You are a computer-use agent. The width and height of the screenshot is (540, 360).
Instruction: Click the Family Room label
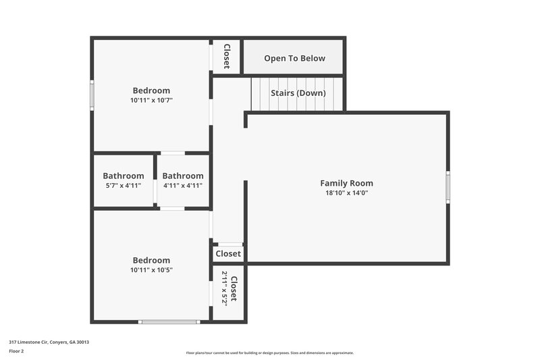point(346,183)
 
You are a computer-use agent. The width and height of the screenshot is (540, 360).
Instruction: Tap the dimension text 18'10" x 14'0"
point(346,192)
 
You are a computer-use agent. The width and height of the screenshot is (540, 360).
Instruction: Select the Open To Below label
point(294,58)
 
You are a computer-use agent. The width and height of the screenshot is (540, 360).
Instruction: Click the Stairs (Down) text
point(298,93)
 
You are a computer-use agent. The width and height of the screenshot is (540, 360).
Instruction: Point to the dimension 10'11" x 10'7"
point(151,101)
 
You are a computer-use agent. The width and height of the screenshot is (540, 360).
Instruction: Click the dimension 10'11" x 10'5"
point(151,270)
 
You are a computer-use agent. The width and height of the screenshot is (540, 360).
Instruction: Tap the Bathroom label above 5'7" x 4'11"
point(124,176)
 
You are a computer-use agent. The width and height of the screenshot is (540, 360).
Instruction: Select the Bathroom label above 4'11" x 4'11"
point(183,176)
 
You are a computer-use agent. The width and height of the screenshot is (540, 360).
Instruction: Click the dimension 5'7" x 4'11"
point(124,185)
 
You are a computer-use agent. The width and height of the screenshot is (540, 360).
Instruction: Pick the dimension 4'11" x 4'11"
point(183,185)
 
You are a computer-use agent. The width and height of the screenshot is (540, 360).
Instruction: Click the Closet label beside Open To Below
point(227,57)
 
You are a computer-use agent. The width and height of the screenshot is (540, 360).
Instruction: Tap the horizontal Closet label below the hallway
point(228,254)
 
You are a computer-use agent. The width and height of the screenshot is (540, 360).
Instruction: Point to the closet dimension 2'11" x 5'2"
point(225,294)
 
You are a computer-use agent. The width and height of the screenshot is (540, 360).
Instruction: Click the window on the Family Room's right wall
point(448,186)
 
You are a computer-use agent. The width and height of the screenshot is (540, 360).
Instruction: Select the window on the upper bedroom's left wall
point(92,95)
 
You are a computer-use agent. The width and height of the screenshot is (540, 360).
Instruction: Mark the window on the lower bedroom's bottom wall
point(169,322)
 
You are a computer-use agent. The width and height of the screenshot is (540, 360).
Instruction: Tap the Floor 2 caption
point(17,351)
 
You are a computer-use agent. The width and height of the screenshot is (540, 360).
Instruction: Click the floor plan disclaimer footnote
point(270,353)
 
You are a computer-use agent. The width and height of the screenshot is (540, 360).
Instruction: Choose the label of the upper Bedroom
point(151,91)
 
